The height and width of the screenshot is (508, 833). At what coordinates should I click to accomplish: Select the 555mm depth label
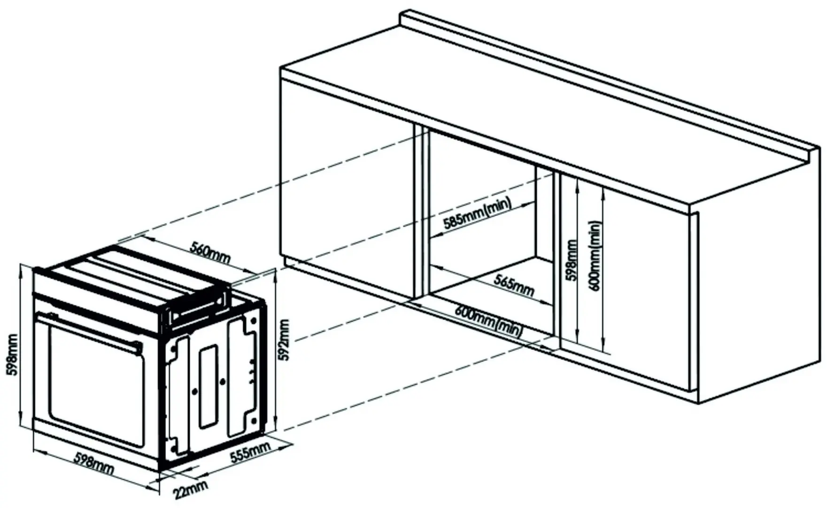point(250,452)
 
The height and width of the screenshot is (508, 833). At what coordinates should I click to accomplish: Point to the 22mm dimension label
point(190,490)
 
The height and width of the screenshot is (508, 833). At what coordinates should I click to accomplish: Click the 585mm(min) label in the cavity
point(477,213)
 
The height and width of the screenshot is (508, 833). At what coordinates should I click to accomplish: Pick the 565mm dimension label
point(514,284)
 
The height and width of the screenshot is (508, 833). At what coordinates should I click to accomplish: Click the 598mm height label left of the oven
point(11,355)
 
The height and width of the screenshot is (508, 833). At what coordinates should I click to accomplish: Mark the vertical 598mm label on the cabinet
point(570,261)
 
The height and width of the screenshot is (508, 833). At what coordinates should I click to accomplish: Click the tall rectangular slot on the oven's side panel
point(208,385)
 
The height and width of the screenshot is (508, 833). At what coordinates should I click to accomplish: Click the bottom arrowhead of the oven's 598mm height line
point(20,422)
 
